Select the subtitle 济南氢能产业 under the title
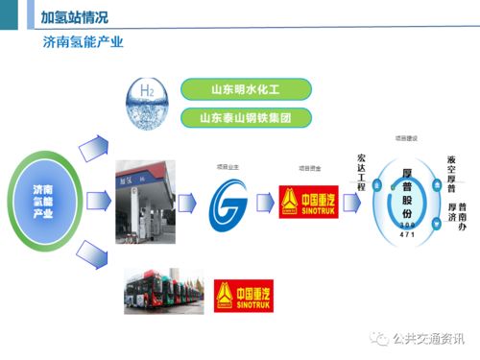click(x=84, y=43)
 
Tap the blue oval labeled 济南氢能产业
click(x=43, y=201)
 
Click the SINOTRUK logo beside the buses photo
click(x=236, y=295)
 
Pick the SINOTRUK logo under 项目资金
click(x=308, y=203)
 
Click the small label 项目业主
click(x=228, y=167)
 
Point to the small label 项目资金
click(x=309, y=168)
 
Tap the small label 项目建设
click(x=406, y=139)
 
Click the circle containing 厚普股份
click(x=406, y=197)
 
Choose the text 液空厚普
click(x=451, y=174)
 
